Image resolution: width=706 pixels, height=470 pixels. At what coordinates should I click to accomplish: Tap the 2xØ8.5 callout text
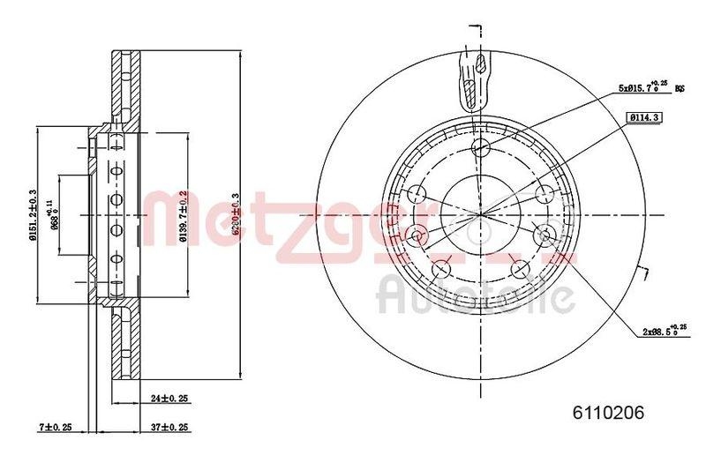point(662,332)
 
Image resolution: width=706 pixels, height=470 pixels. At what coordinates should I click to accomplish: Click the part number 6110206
point(610,412)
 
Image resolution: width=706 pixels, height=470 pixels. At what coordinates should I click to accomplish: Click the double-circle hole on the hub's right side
point(545,234)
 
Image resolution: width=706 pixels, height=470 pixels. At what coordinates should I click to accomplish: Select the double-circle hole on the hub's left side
point(417,234)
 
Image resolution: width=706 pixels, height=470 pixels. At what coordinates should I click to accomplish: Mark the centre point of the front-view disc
point(481,214)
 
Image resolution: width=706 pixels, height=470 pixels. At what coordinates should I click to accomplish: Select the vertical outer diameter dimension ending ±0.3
point(236,213)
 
